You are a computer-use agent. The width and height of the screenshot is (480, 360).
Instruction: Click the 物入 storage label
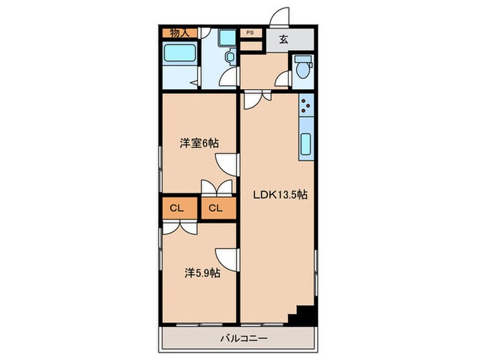coord(180,33)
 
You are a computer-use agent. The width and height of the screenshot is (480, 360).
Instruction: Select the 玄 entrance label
coord(283,39)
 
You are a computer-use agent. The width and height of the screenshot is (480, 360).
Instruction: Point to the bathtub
coord(180,54)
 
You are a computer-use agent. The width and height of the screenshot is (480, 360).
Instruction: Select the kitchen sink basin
coord(306,145)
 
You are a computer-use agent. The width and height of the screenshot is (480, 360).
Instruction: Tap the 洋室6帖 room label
coord(200,143)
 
